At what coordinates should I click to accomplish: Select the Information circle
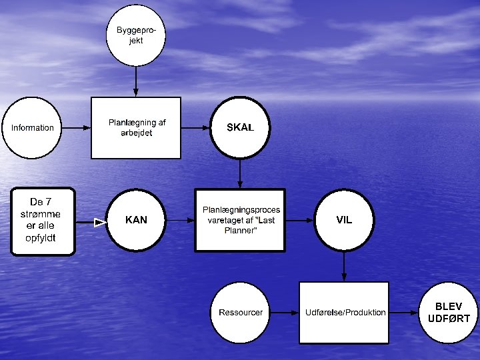tap(33, 128)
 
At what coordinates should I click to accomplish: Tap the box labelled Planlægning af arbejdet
tap(136, 128)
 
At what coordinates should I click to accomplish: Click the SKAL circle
tap(240, 128)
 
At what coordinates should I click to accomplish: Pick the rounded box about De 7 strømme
tap(44, 221)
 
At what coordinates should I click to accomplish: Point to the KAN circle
tap(136, 220)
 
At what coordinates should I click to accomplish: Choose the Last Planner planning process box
tap(240, 220)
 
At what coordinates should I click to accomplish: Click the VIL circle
tap(344, 220)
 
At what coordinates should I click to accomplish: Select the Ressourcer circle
tap(241, 313)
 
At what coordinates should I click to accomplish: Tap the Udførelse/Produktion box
tap(344, 313)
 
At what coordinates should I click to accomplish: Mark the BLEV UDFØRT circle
tap(448, 313)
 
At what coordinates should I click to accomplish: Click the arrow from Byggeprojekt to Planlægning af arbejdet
tap(136, 81)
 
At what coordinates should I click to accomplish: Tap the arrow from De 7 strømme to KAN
tap(92, 222)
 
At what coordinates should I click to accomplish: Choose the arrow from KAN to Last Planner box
tap(180, 220)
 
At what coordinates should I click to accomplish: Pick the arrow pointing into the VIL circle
tap(300, 220)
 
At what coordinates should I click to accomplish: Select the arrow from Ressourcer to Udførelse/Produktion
tap(283, 313)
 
